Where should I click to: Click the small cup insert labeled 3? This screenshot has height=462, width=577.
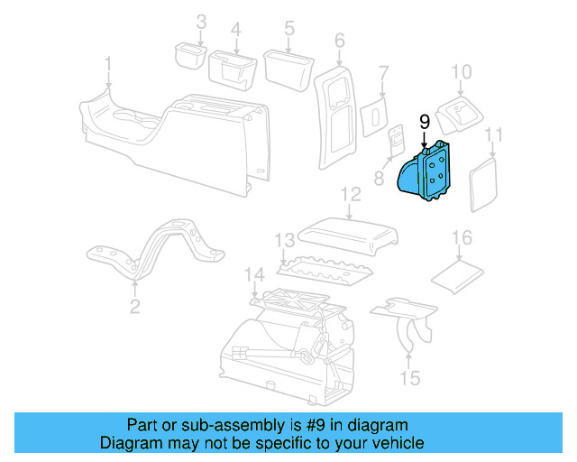point(189,56)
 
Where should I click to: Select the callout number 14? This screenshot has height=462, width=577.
point(255,274)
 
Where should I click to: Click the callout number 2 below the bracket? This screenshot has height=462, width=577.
point(134,307)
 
